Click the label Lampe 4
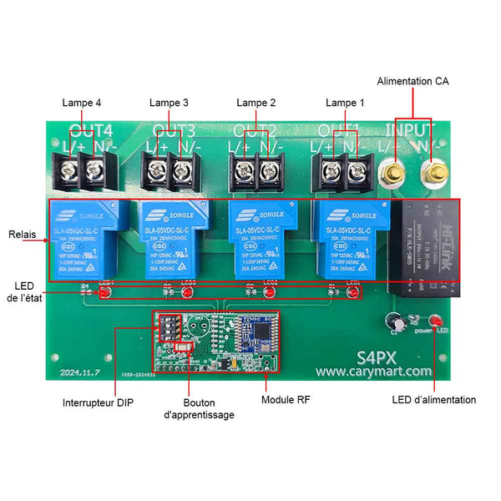tap(82, 103)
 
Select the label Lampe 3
tap(169, 103)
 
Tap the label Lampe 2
tap(256, 103)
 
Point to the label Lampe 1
tap(345, 103)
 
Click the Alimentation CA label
tap(412, 81)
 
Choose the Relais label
tap(23, 235)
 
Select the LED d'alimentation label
tap(434, 400)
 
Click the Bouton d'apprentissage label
tap(199, 407)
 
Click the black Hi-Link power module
tap(428, 249)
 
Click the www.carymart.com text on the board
tap(373, 371)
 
